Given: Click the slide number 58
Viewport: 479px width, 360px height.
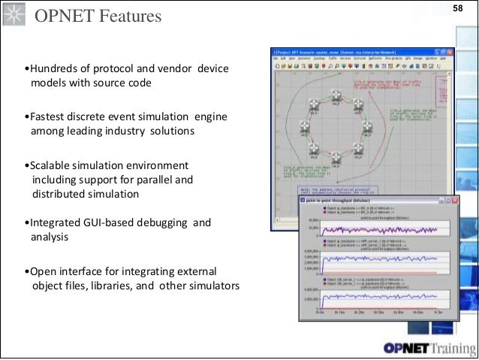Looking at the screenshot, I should pyautogui.click(x=456, y=9).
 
